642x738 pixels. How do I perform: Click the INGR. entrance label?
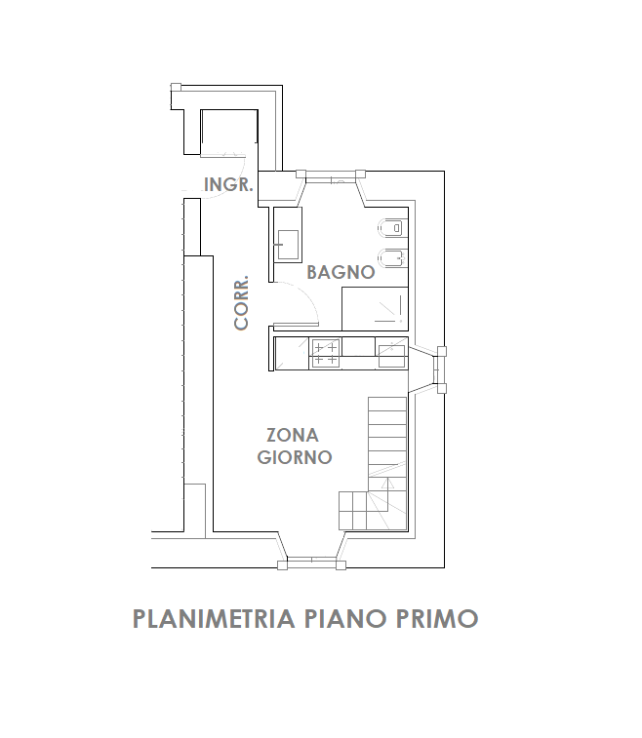click(x=229, y=184)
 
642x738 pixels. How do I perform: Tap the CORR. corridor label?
click(x=243, y=302)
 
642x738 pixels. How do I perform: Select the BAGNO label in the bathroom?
click(x=341, y=272)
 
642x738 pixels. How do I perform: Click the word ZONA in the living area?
click(x=293, y=436)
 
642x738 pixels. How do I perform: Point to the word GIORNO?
click(x=296, y=456)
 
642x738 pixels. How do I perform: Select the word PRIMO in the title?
click(x=436, y=619)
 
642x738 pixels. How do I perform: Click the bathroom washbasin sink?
click(x=288, y=243)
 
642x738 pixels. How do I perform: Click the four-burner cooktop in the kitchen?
click(x=326, y=353)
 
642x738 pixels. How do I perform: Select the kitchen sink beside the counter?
click(x=391, y=353)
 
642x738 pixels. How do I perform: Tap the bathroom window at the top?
click(x=331, y=176)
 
